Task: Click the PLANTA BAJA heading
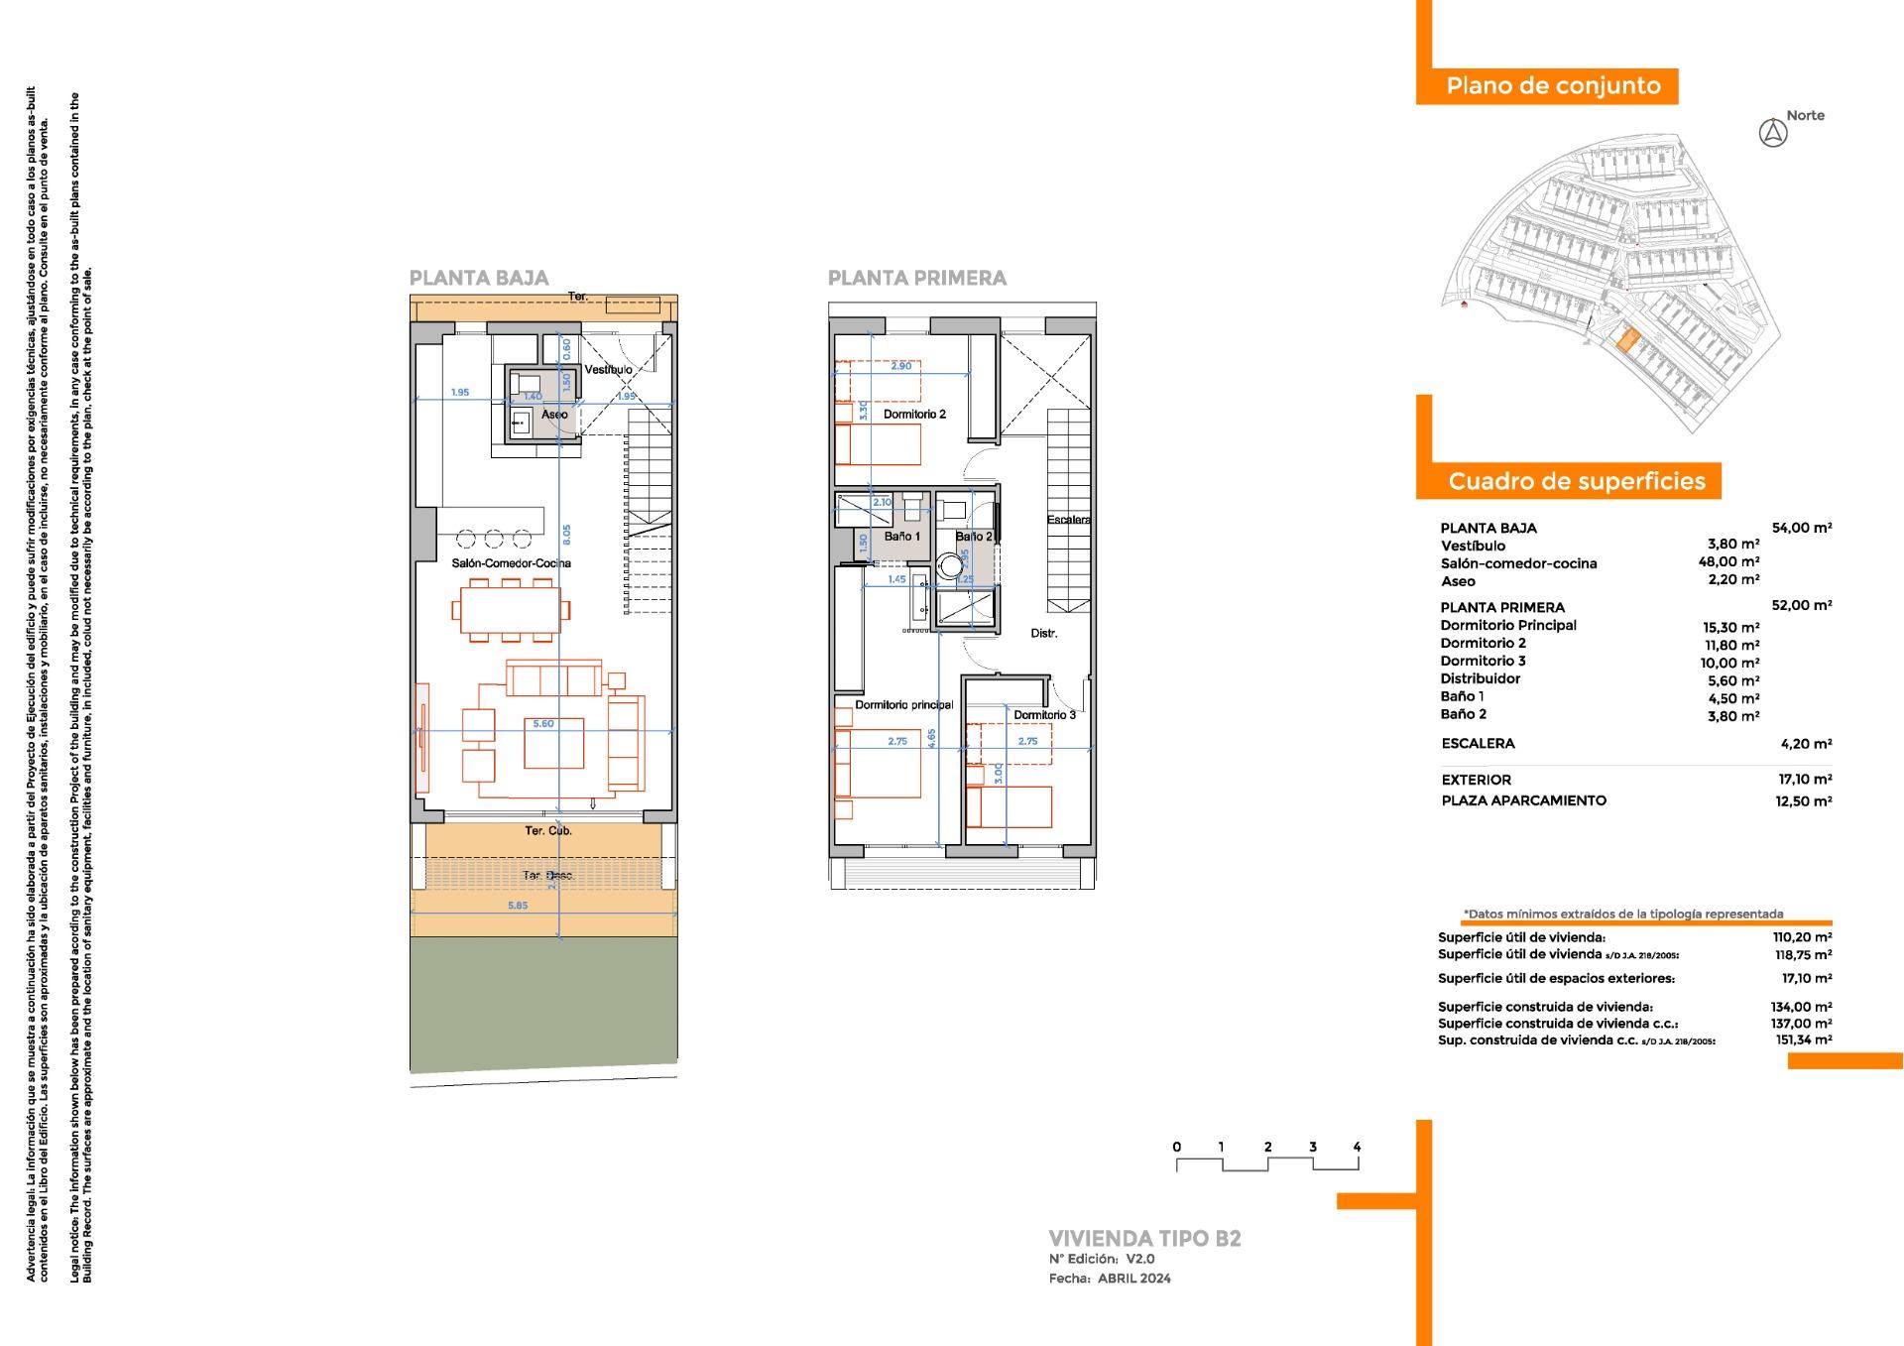point(479,279)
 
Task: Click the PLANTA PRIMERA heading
point(917,279)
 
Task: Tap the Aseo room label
point(554,415)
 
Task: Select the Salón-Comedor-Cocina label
point(511,563)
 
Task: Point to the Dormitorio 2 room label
point(914,415)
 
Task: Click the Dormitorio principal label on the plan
point(903,705)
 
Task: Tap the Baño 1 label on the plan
point(902,537)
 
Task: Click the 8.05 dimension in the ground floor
point(566,535)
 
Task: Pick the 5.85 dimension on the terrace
point(518,906)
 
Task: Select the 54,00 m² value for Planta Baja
point(1801,528)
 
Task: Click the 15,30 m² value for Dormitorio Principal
point(1731,627)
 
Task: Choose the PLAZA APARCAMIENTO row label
point(1523,800)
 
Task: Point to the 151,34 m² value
point(1803,1040)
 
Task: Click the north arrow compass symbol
point(1772,133)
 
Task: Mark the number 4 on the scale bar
point(1357,1148)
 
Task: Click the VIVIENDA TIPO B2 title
point(1144,1239)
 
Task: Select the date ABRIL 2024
point(1133,1279)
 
